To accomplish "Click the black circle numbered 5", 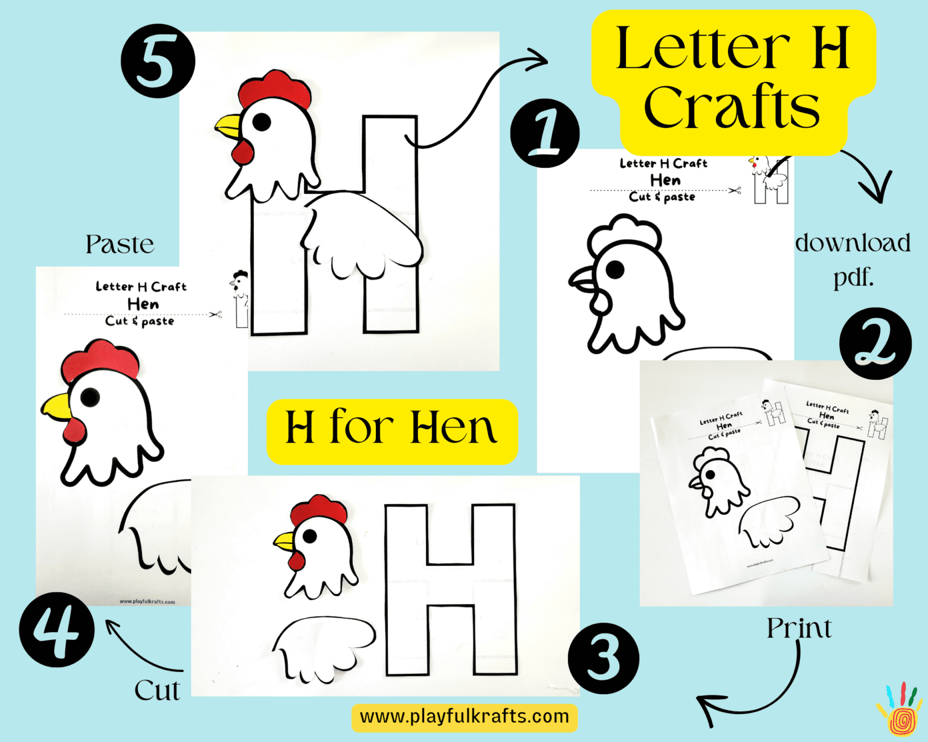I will pos(158,61).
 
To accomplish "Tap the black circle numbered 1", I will pos(544,133).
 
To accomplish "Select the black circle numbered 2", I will pos(875,344).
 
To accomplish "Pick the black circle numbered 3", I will pos(603,658).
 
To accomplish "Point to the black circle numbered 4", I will pos(57,629).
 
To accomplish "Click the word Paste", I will pos(120,245).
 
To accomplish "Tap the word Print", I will pos(799,628).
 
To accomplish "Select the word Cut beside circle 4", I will pos(156,690).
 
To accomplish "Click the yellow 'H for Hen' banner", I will pos(391,430).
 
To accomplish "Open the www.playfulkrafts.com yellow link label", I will pos(464,717).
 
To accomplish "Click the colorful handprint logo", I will pos(900,711).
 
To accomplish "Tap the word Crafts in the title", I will pos(732,107).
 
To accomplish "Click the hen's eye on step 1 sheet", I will pos(614,270).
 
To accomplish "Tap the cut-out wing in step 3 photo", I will pos(323,647).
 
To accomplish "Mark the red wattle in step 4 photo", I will pos(74,430).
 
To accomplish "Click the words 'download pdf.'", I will pos(852,260).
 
